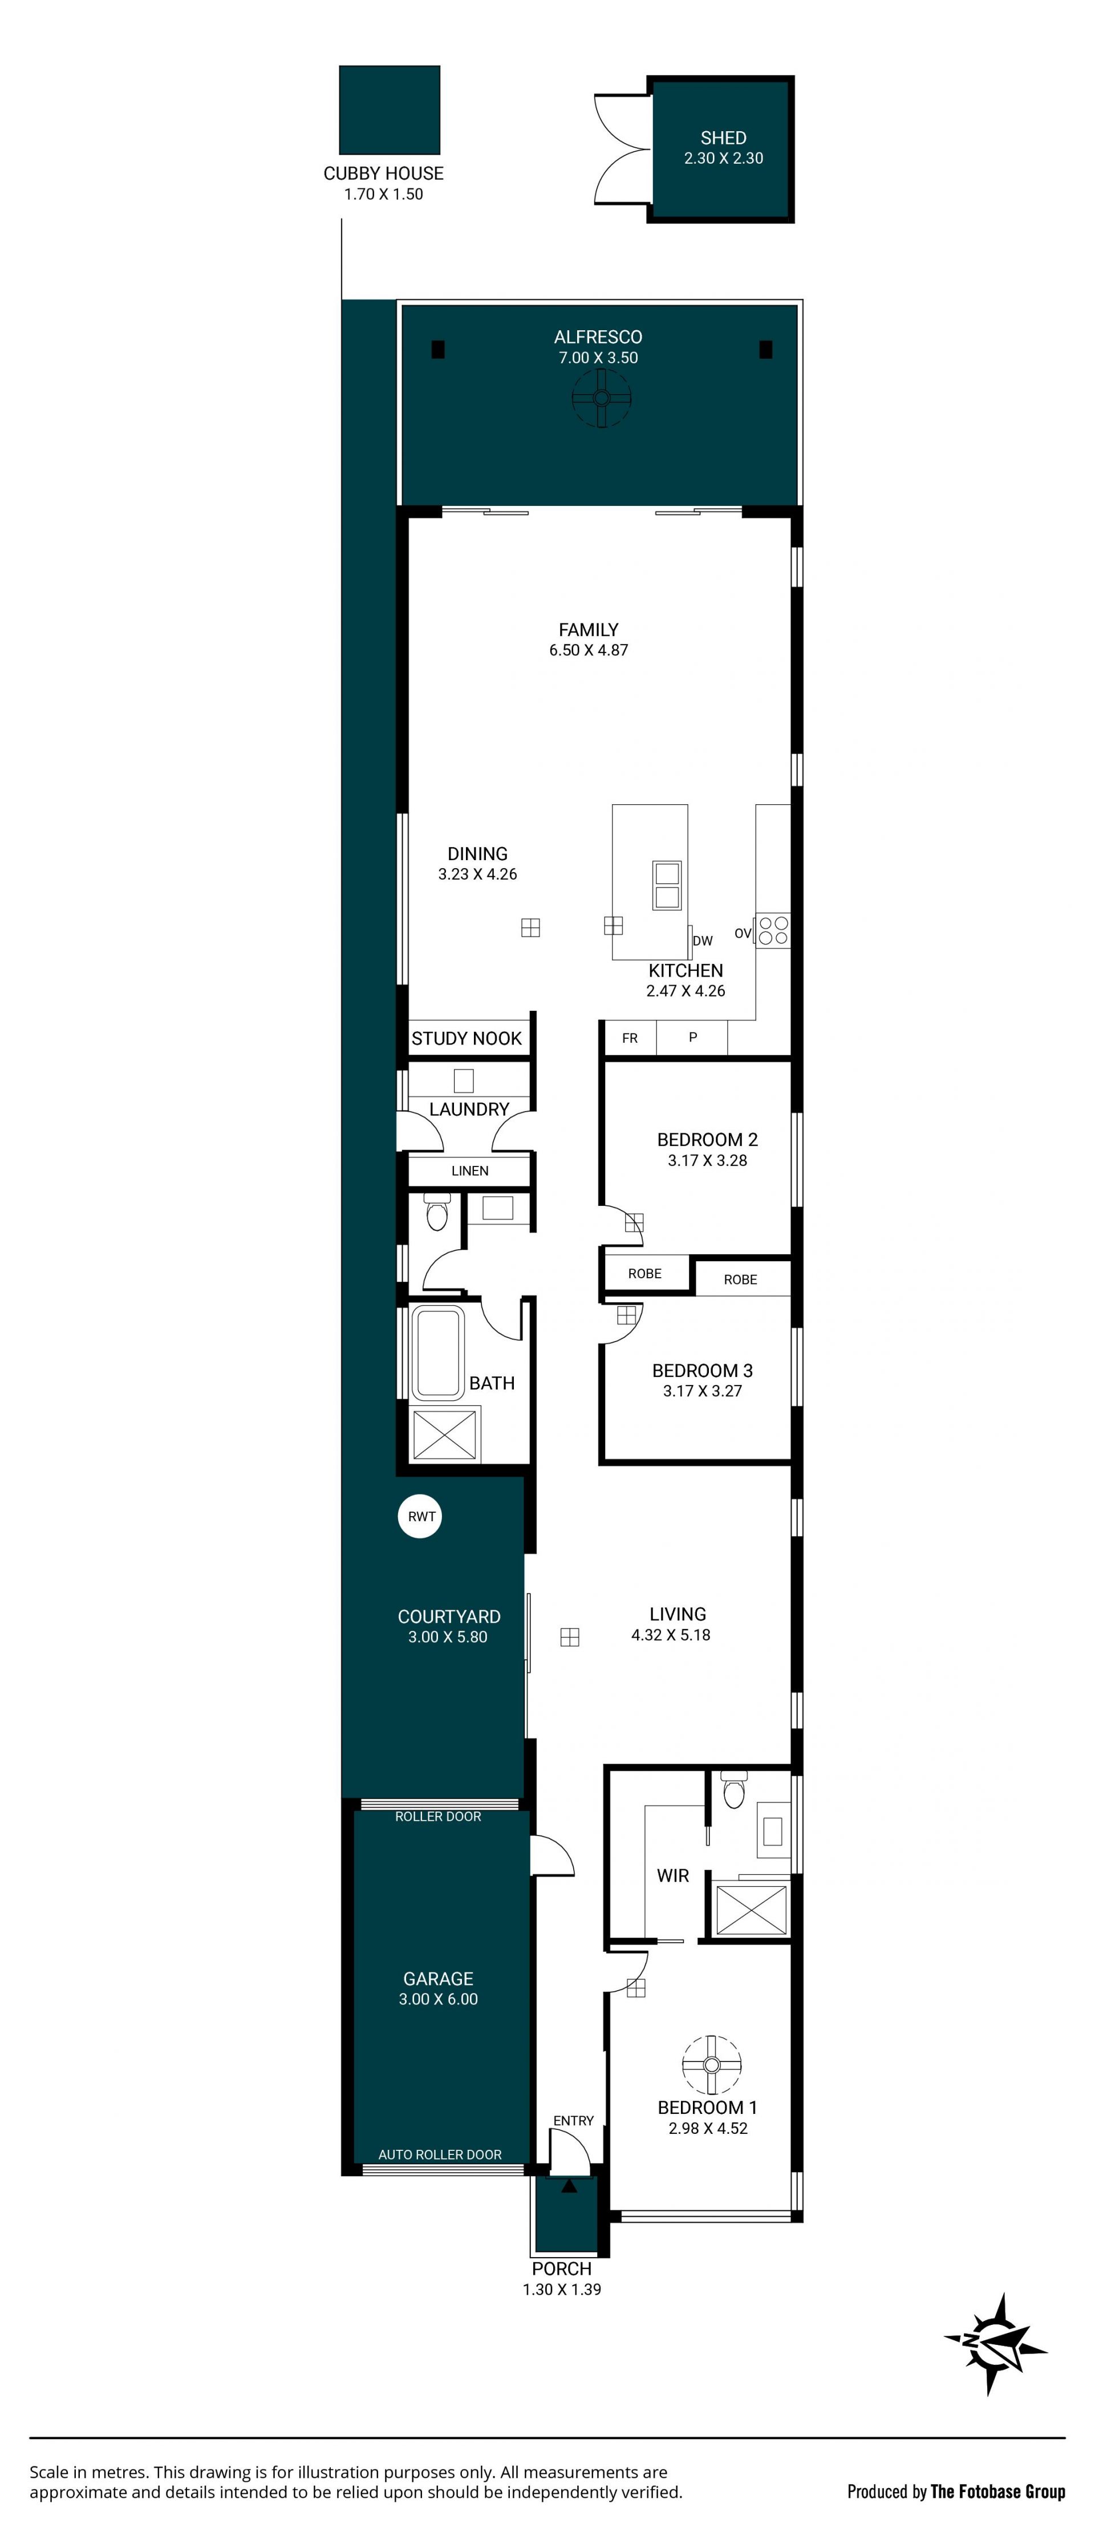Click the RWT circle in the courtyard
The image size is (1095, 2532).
click(x=421, y=1516)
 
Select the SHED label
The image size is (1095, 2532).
click(x=724, y=137)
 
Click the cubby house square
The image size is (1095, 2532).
click(x=390, y=110)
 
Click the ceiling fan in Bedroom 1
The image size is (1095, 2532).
click(x=711, y=2064)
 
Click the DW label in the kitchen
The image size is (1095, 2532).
click(x=703, y=941)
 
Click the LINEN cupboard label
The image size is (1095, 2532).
click(x=470, y=1170)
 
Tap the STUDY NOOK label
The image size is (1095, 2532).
click(x=467, y=1038)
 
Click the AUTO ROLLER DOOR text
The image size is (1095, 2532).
click(x=440, y=2154)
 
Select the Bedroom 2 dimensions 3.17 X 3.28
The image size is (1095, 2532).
click(x=708, y=1160)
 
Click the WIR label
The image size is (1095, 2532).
click(x=674, y=1875)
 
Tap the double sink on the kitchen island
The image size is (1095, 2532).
click(x=667, y=885)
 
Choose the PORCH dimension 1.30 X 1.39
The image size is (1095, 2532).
click(x=562, y=2289)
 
